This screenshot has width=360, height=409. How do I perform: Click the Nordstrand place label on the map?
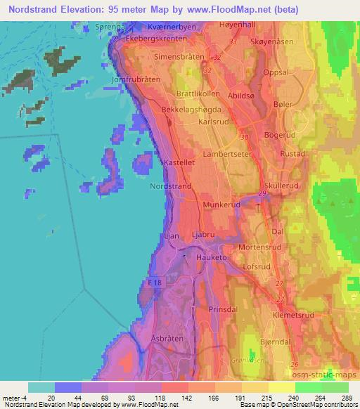click(x=170, y=186)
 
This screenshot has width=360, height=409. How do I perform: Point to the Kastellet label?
click(x=179, y=162)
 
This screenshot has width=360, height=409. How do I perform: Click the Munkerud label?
click(x=222, y=203)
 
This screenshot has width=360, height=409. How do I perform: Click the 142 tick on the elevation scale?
click(x=186, y=397)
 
